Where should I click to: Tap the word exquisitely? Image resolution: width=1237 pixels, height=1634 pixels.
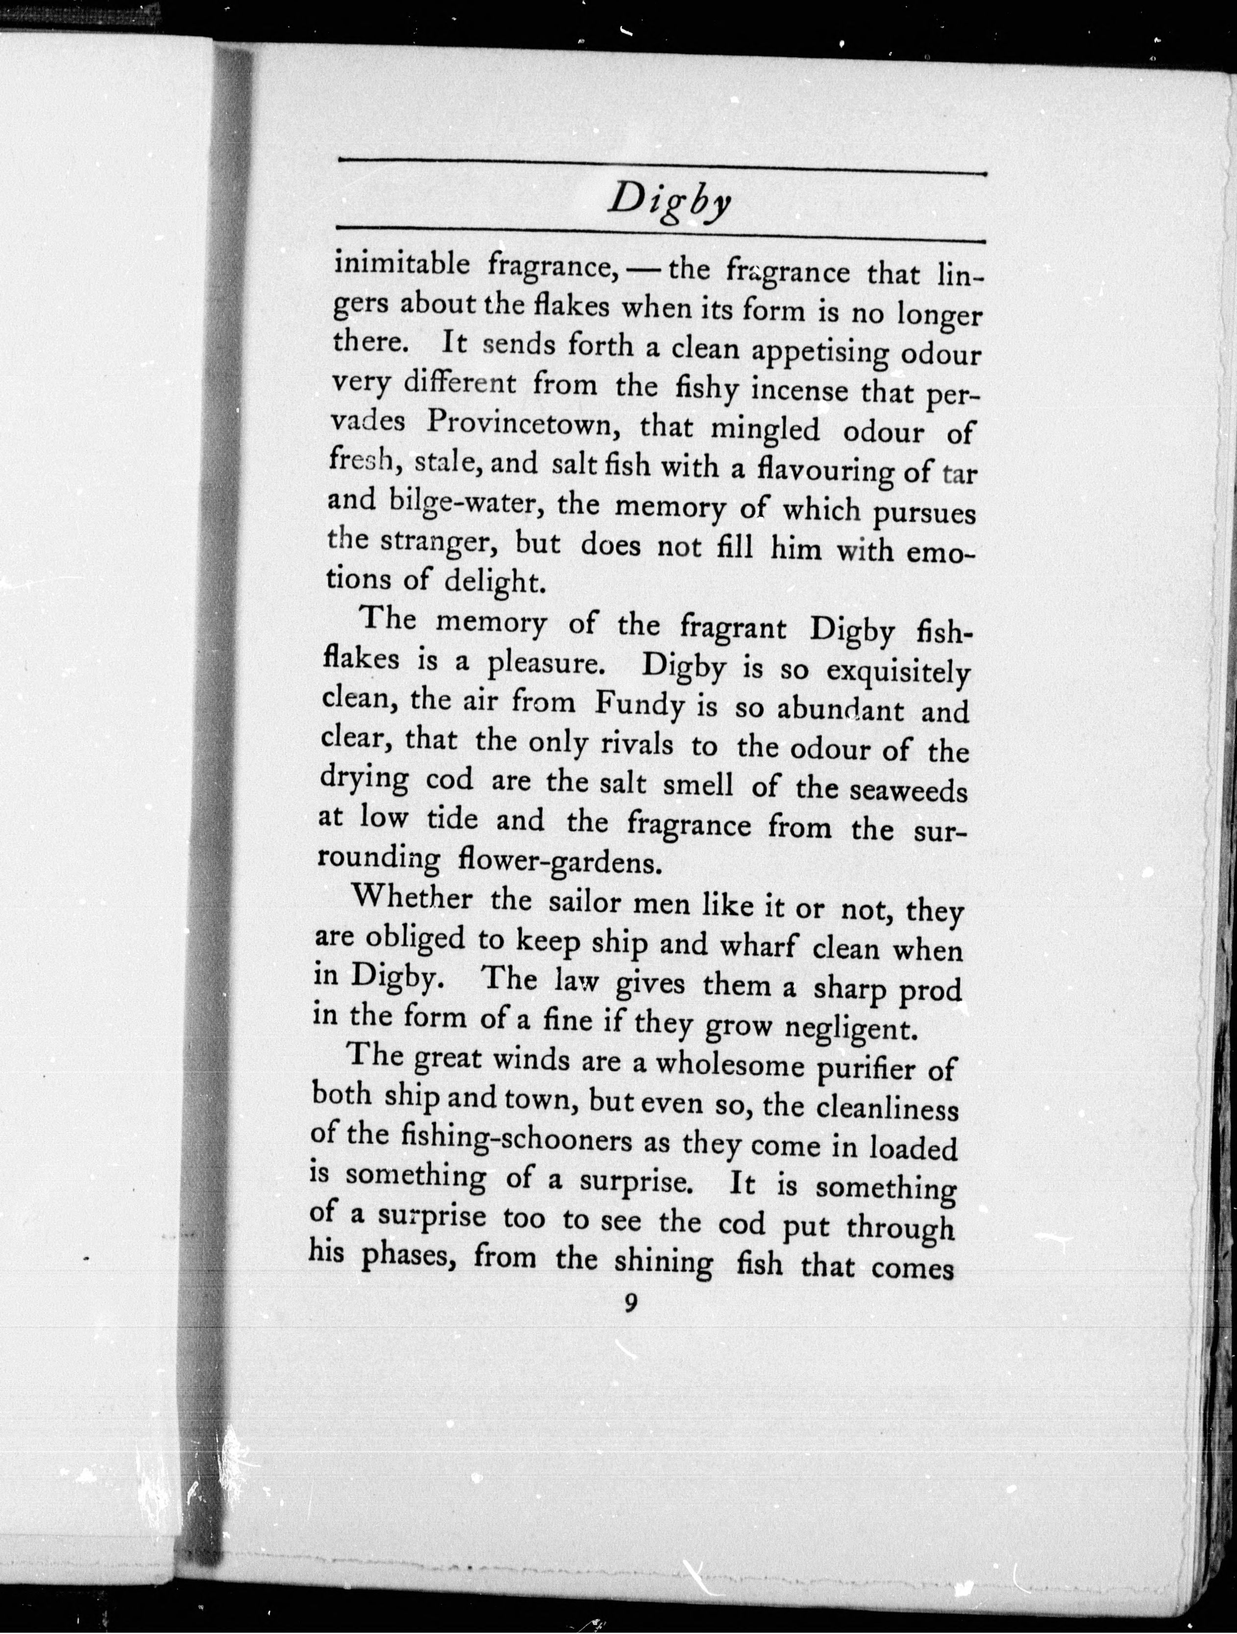897,672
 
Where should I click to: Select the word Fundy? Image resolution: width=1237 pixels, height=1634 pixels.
640,705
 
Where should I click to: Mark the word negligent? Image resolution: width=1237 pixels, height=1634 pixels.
850,1028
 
